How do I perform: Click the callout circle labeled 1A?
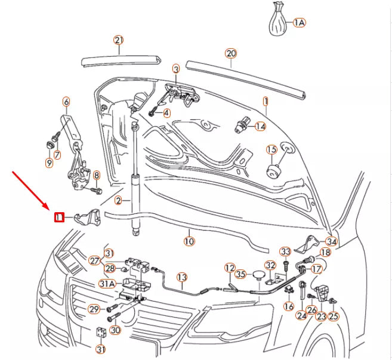click(x=299, y=23)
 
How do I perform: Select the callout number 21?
click(x=119, y=41)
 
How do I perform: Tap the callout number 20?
click(x=231, y=54)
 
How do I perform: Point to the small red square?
click(x=58, y=218)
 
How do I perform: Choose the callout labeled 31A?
click(x=107, y=284)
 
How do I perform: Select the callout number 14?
click(x=260, y=126)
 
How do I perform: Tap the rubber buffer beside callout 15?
click(x=273, y=171)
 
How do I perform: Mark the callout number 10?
click(x=189, y=242)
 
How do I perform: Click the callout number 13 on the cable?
click(x=181, y=277)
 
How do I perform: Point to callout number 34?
click(x=331, y=242)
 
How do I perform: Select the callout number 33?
click(x=285, y=252)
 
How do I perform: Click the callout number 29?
click(x=94, y=309)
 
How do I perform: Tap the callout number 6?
click(x=66, y=102)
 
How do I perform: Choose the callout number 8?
click(x=96, y=175)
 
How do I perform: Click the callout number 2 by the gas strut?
click(x=119, y=200)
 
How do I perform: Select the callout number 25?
click(x=333, y=316)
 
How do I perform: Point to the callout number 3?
click(x=176, y=70)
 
